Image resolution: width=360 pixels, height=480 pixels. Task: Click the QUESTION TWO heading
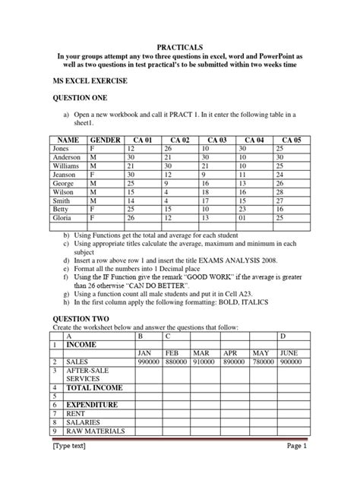(81, 297)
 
